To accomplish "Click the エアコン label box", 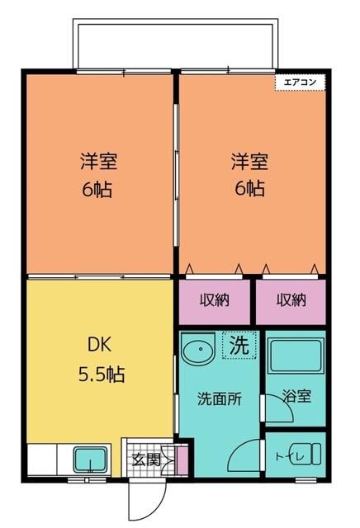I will point(301,82).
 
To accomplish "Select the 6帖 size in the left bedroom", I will point(97,190).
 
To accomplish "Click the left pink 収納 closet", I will point(215,300).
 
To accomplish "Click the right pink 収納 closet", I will point(290,300).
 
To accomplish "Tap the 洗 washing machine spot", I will point(239,346).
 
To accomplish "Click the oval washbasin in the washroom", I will point(198,352).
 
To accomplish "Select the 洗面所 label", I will point(219,398).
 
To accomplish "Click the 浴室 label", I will point(296,396).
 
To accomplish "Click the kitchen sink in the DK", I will point(88,460).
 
